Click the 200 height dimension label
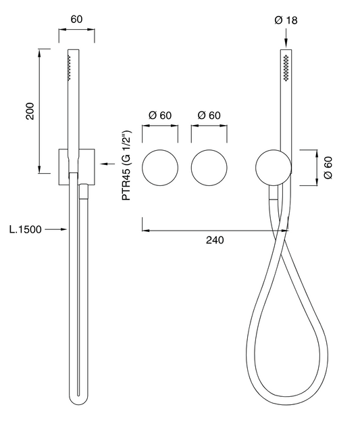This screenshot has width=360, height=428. tap(30, 111)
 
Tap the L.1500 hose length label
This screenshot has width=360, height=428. tap(26, 230)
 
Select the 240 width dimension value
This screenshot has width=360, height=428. tap(215, 240)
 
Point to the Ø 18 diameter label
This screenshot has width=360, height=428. tap(286, 20)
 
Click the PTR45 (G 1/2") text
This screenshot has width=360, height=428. tap(127, 166)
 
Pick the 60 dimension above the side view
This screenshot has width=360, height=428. tap(76, 20)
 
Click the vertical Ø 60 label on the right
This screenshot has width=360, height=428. tap(328, 168)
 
